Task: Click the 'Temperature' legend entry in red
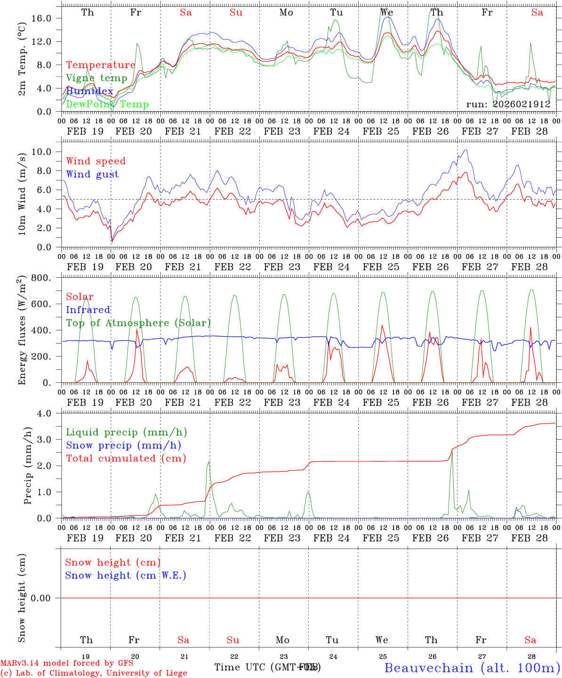tap(100, 65)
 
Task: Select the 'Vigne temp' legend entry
tap(96, 78)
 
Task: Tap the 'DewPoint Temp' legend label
tap(107, 105)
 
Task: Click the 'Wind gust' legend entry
tap(92, 174)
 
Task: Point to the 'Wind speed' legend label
tap(96, 161)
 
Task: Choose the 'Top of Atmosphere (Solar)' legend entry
tap(138, 323)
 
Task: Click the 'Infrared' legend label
tap(88, 310)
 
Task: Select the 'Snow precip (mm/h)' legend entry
tap(123, 445)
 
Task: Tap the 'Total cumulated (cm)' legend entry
tap(126, 459)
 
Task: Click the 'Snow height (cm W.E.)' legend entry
tap(125, 575)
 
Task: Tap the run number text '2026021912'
tap(521, 104)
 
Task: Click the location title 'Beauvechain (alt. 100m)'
tap(472, 668)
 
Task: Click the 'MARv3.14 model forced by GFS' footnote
tap(67, 663)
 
